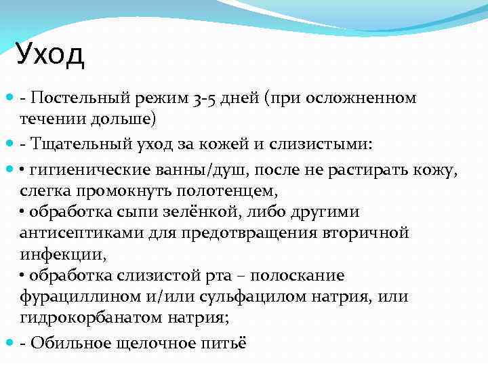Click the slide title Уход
coord(51,55)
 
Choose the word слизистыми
coord(308,144)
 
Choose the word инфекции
coord(61,255)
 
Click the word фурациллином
coord(77,297)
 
